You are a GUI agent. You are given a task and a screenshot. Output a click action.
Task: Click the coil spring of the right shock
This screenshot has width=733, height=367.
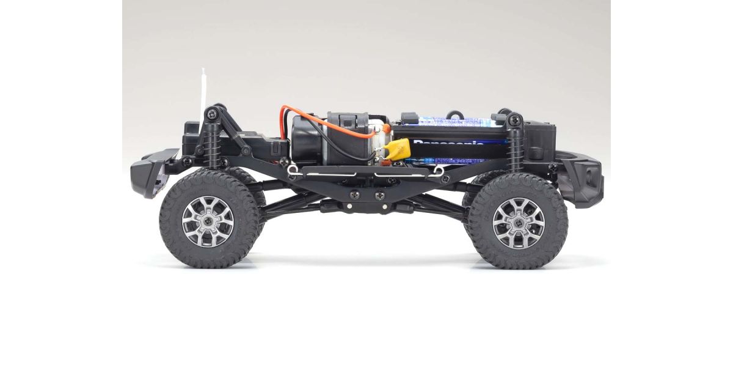point(514,150)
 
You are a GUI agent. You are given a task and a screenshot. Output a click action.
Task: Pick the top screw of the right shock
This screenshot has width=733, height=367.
point(512,117)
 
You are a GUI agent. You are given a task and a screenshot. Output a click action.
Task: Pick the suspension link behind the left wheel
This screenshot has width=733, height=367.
point(287,202)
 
